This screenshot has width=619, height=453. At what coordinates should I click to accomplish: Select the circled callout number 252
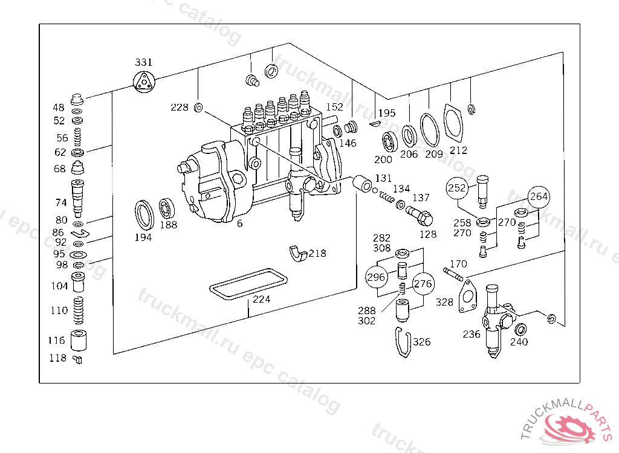457,188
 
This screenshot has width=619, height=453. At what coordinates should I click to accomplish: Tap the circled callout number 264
539,197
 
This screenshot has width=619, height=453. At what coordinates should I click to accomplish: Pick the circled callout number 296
376,277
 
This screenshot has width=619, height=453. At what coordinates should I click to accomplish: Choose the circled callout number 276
423,283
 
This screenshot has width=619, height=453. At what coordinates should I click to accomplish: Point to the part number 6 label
239,223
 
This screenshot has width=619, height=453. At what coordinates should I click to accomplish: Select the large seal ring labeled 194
143,213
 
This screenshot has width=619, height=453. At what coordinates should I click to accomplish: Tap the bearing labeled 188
167,209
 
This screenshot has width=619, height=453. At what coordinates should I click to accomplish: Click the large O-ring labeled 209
430,129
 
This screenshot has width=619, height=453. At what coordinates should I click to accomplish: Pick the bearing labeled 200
389,142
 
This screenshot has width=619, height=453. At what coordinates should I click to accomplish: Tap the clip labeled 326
403,342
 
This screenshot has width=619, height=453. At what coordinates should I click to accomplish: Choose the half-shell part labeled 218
299,254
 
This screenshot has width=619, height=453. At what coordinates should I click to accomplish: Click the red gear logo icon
569,428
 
